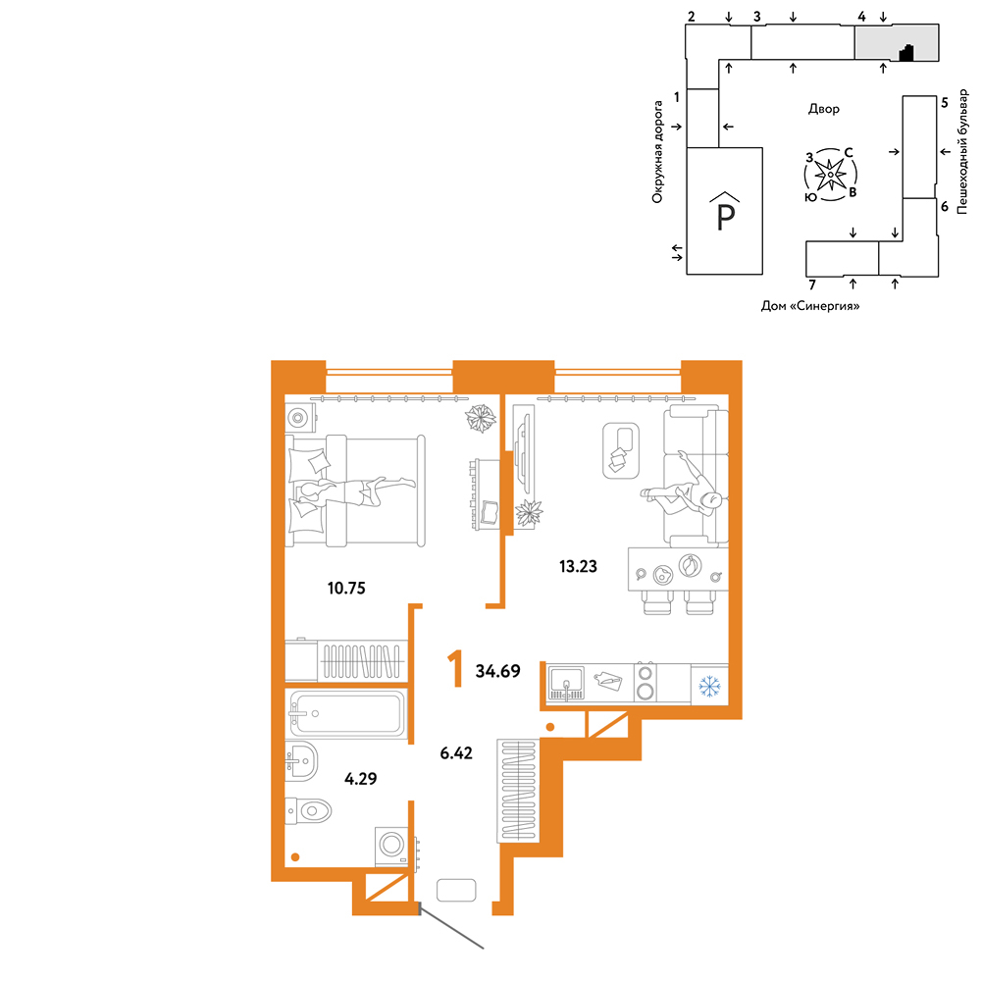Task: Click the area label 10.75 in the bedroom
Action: (346, 588)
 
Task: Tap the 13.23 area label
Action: (578, 566)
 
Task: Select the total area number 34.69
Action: (498, 671)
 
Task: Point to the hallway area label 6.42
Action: (456, 752)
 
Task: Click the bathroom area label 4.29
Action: (361, 778)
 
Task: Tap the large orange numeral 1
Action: (455, 668)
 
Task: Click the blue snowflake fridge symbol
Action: (709, 687)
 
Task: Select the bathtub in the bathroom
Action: (346, 713)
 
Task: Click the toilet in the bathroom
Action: (308, 811)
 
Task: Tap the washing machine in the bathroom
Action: (392, 846)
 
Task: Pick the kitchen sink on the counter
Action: (566, 683)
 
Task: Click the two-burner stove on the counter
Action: (645, 682)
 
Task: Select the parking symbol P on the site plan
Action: (725, 212)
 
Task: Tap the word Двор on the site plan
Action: (824, 109)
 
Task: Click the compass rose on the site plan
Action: (830, 175)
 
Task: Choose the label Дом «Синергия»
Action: (810, 306)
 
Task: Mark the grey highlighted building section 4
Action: (897, 42)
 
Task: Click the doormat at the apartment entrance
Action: (456, 891)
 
